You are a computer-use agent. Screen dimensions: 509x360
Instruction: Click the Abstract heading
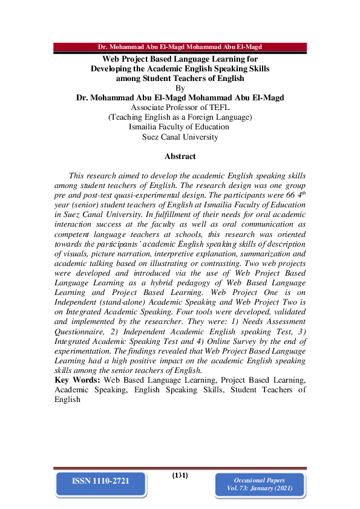(180, 157)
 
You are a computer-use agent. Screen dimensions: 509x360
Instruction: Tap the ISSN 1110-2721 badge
(100, 482)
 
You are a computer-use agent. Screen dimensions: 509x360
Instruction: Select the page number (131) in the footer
(180, 475)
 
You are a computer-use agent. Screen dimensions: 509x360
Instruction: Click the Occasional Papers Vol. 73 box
(260, 484)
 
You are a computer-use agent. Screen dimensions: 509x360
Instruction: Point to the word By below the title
(179, 88)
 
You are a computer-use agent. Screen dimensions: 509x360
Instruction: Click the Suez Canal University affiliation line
(180, 137)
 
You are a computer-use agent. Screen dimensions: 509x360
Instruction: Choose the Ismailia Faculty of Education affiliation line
(179, 127)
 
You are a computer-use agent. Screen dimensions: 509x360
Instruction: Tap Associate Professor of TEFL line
(180, 108)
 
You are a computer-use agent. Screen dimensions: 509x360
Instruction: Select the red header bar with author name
(180, 47)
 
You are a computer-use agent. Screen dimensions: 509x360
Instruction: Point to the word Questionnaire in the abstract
(82, 331)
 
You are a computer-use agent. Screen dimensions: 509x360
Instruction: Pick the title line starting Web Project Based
(180, 59)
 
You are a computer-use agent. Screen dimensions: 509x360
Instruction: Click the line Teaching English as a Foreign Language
(180, 117)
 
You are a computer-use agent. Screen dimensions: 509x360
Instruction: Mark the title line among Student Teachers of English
(180, 78)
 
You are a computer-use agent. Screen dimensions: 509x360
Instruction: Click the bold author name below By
(180, 98)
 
